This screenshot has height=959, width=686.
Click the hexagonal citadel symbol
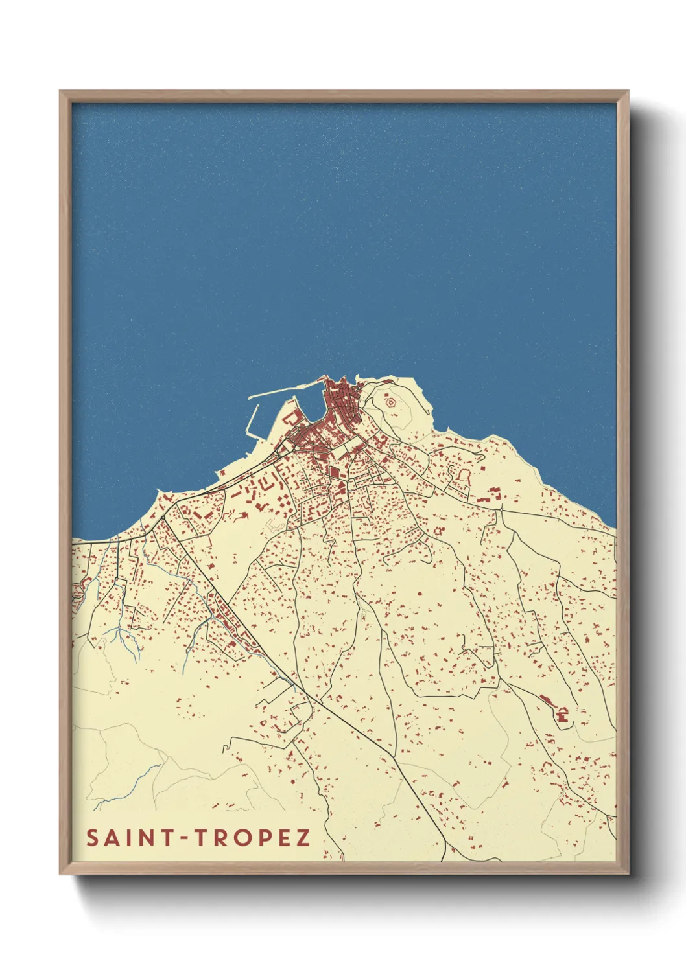(390, 402)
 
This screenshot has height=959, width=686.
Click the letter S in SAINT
(93, 838)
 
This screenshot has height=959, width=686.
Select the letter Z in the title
(303, 838)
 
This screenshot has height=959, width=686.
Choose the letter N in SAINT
(148, 838)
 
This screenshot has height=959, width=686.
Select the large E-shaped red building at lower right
(562, 715)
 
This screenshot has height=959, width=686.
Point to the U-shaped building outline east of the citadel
(463, 475)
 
